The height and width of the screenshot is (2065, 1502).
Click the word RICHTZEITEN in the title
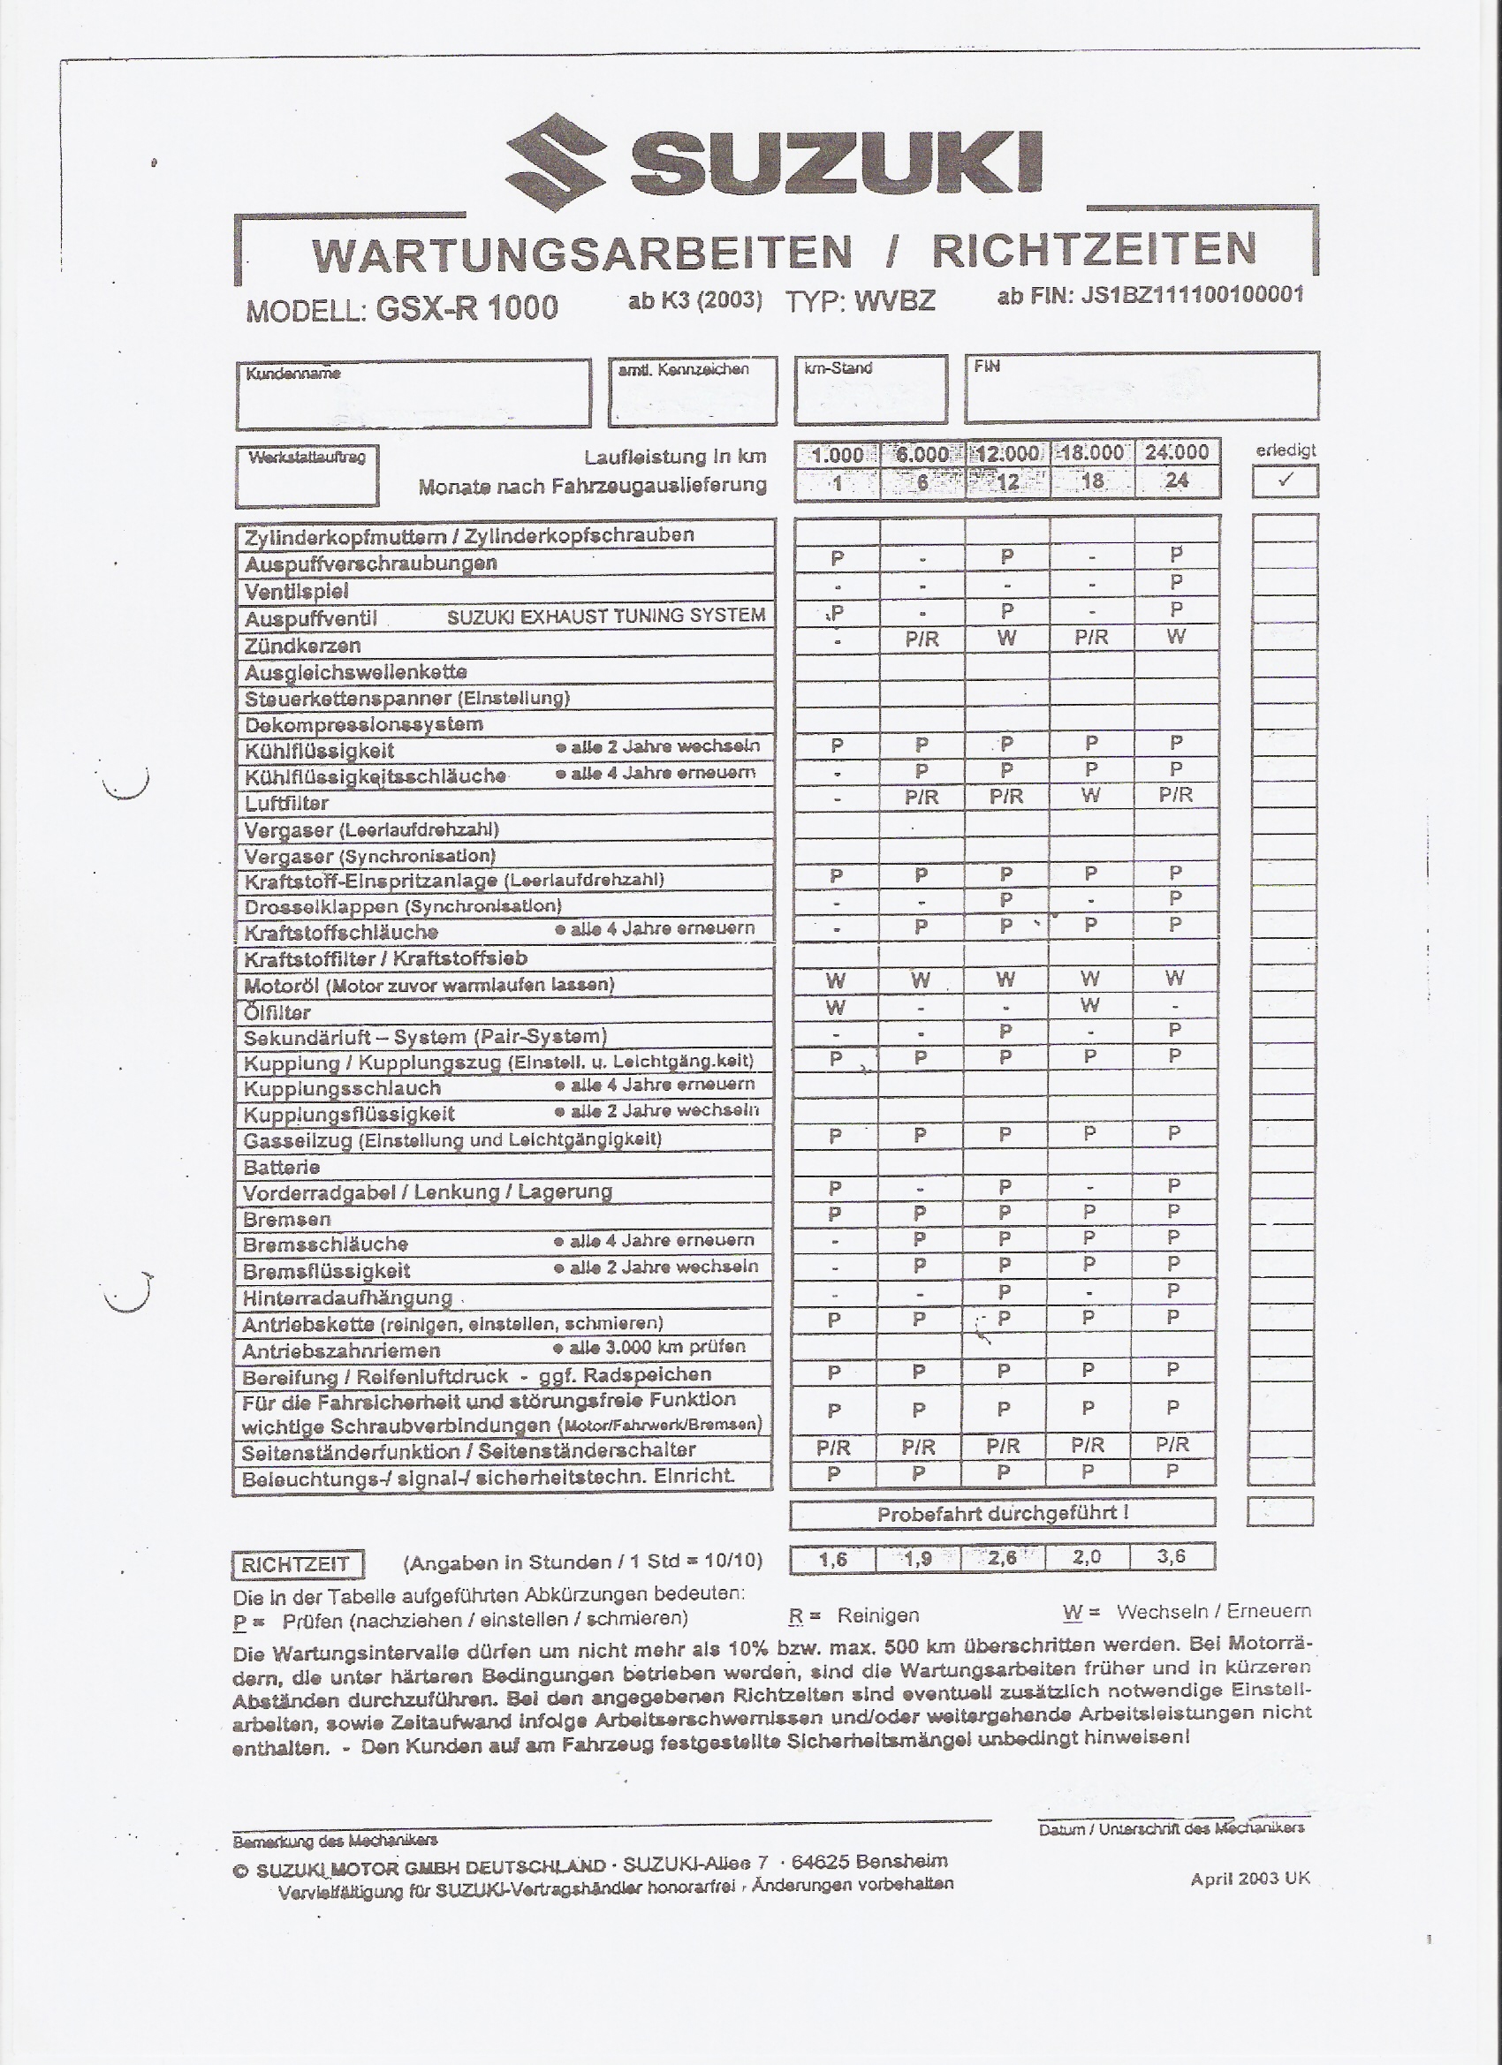click(x=1093, y=249)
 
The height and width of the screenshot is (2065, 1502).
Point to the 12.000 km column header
click(x=1007, y=453)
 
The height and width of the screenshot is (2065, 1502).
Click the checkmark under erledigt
click(x=1286, y=480)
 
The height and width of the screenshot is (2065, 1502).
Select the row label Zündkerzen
click(x=302, y=646)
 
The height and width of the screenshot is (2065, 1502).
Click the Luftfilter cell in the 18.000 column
click(x=1091, y=796)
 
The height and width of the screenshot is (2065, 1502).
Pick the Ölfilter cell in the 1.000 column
click(x=835, y=1008)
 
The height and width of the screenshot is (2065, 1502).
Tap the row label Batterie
click(x=283, y=1168)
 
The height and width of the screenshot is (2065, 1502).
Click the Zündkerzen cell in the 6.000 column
click(x=922, y=639)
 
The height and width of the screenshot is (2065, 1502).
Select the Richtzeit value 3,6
click(x=1172, y=1556)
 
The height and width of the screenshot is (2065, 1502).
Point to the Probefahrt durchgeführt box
click(x=1003, y=1514)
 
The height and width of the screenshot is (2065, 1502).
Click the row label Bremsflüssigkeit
click(x=326, y=1271)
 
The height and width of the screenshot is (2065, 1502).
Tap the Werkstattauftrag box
click(x=307, y=476)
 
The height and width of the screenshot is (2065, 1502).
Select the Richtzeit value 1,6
click(x=832, y=1560)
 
